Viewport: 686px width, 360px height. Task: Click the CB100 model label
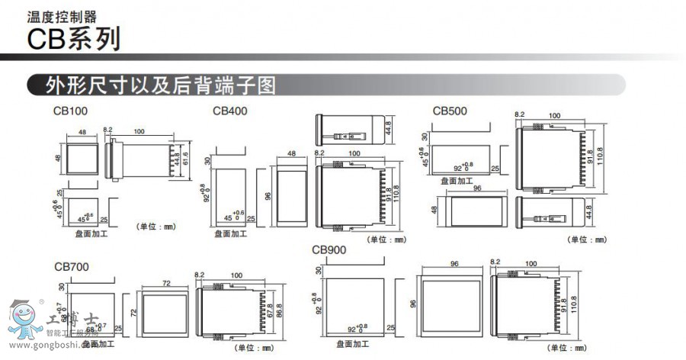(70, 111)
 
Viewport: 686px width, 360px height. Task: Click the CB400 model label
(229, 111)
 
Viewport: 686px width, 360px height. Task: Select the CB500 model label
(450, 111)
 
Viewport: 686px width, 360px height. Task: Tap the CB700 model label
(71, 267)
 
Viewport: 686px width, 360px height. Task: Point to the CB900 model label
(329, 249)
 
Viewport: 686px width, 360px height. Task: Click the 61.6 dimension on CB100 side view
(185, 159)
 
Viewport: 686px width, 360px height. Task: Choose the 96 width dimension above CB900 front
(454, 264)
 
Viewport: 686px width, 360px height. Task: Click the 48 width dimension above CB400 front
(290, 154)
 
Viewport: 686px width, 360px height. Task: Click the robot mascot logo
(24, 320)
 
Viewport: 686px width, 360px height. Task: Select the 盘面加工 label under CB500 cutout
(455, 181)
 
